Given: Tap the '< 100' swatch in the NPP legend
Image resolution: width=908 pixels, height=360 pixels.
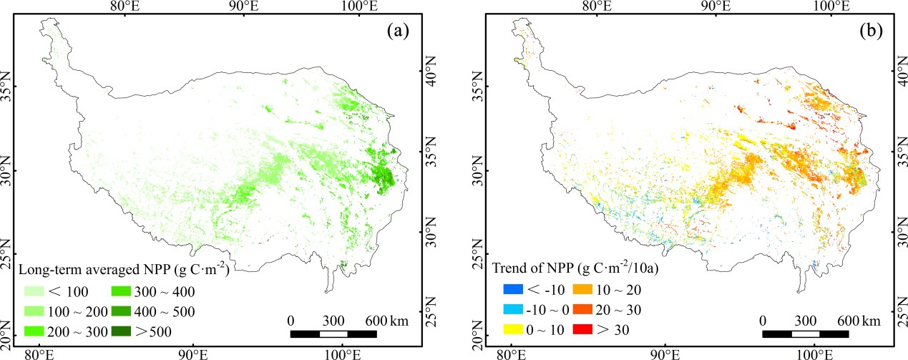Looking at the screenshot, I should pyautogui.click(x=36, y=292).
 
